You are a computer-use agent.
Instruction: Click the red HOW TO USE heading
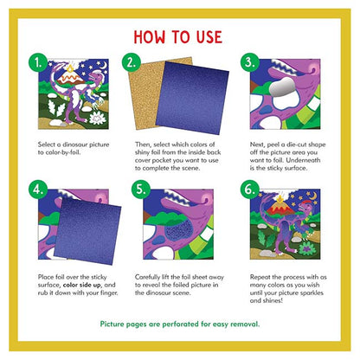(178, 37)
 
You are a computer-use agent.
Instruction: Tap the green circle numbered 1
(38, 62)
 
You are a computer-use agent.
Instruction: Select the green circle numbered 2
(132, 62)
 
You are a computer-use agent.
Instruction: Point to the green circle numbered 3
(250, 62)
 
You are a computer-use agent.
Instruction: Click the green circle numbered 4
(38, 190)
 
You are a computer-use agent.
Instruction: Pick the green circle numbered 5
(141, 190)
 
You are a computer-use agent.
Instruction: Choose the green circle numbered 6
(250, 190)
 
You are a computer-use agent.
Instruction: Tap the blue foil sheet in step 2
(192, 98)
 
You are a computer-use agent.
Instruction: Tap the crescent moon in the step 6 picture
(313, 196)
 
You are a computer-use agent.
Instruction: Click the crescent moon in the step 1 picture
(103, 66)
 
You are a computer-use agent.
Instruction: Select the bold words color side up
(82, 285)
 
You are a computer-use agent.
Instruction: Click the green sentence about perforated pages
(180, 325)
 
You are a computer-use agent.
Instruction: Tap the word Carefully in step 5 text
(147, 277)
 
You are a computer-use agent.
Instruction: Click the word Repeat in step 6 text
(260, 277)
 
